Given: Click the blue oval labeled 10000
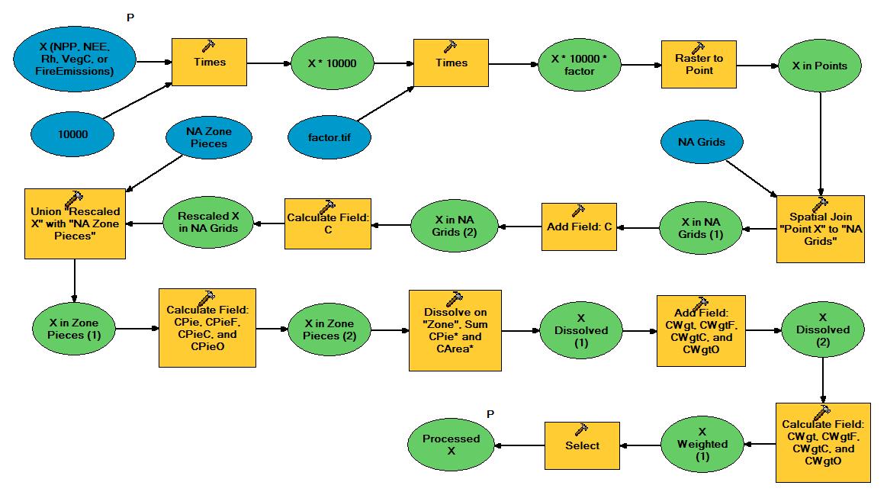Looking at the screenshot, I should [72, 134].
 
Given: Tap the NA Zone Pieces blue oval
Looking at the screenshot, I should [209, 137].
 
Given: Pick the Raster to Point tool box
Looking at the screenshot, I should [699, 65].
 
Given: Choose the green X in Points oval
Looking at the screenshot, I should [820, 66].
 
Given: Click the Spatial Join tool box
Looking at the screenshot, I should [821, 229].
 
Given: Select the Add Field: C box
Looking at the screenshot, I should [579, 227].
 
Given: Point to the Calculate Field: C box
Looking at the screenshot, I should [328, 223].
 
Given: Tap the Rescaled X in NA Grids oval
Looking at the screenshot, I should [207, 224].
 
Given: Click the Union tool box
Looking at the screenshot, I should [75, 223].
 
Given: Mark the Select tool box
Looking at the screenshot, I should [581, 445].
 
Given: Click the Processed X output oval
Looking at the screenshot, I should [452, 445].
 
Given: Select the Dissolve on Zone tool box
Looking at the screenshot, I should [455, 329].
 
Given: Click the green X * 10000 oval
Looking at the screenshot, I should [336, 63].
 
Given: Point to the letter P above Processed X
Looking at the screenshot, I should [490, 414].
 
